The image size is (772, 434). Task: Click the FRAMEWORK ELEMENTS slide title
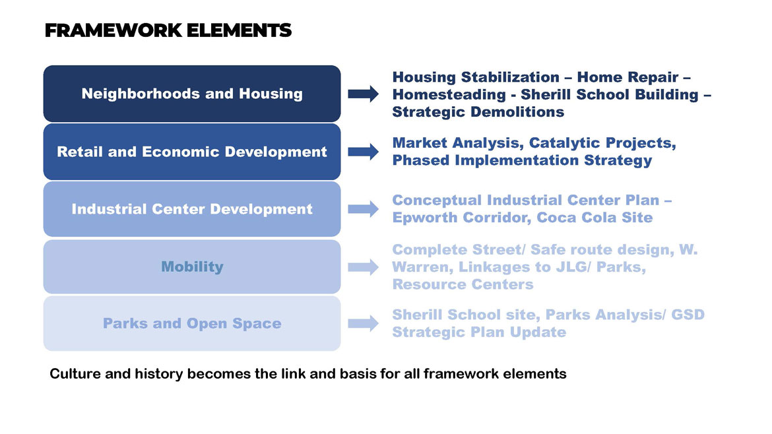(x=168, y=30)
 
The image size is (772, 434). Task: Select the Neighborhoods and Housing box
(x=192, y=94)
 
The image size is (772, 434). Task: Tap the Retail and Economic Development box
(x=192, y=152)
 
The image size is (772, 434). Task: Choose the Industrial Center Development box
(x=192, y=209)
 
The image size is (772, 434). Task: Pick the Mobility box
(x=192, y=266)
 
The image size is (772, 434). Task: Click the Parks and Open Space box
(x=192, y=323)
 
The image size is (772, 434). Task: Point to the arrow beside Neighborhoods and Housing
(x=364, y=94)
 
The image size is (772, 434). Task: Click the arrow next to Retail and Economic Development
(x=364, y=152)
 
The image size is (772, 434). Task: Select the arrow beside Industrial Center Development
(x=364, y=210)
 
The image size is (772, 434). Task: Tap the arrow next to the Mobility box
(x=364, y=267)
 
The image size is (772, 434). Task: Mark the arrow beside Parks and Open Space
(x=364, y=323)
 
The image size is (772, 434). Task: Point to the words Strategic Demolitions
(x=478, y=111)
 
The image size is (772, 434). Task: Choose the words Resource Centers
(x=463, y=284)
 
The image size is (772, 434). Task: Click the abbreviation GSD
(x=688, y=315)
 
